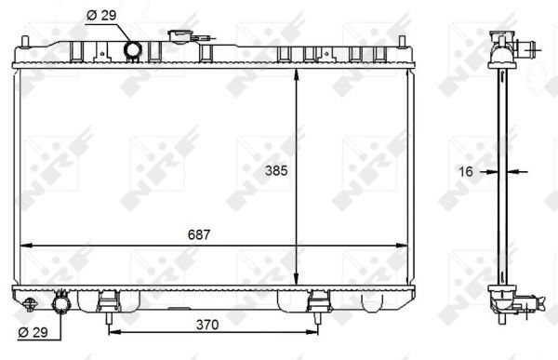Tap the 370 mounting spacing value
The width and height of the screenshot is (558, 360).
pyautogui.click(x=206, y=326)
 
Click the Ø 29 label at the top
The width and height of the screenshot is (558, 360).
pyautogui.click(x=100, y=15)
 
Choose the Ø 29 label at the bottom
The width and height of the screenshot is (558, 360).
pyautogui.click(x=33, y=332)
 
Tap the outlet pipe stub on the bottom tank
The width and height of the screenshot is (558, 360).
pyautogui.click(x=63, y=302)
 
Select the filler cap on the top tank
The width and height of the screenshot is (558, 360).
pyautogui.click(x=179, y=37)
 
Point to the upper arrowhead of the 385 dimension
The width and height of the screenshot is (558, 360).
pyautogui.click(x=297, y=74)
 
